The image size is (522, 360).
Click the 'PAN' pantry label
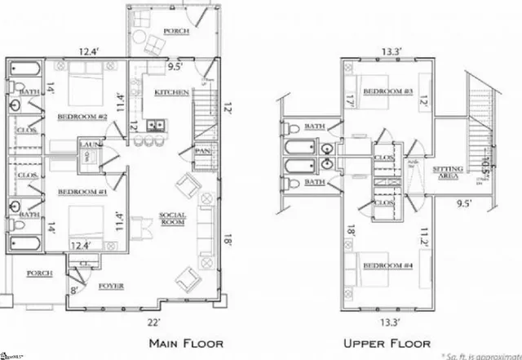[203, 153]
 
